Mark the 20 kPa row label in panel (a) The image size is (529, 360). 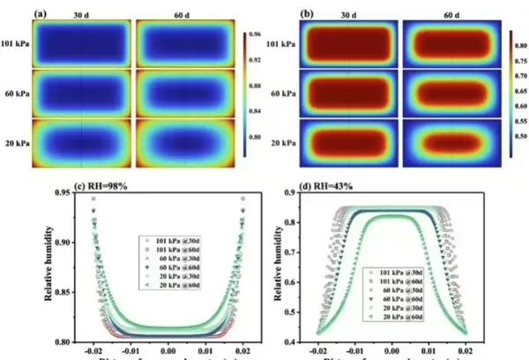point(17,143)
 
